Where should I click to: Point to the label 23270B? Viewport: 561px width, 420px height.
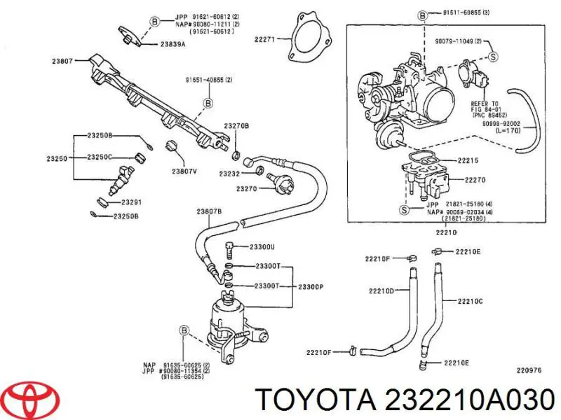(236, 125)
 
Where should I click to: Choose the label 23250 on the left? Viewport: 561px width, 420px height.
(57, 159)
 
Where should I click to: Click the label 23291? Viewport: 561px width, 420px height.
(131, 202)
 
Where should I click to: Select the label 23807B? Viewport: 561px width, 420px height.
(209, 211)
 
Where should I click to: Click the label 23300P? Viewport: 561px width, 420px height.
(310, 286)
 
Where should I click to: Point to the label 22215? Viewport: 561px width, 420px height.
(468, 160)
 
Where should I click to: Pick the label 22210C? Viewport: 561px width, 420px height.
(471, 301)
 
